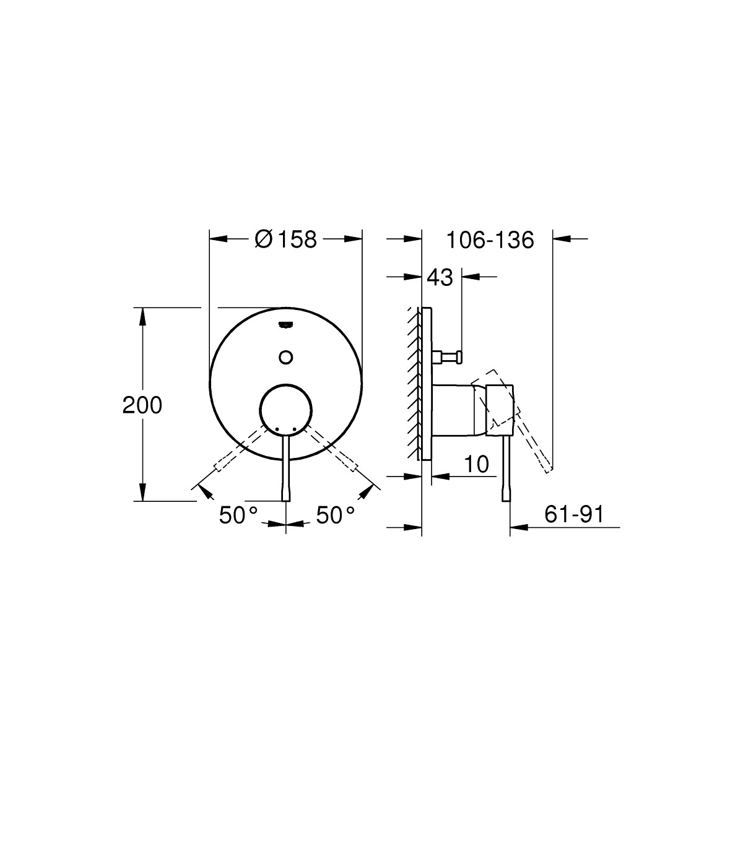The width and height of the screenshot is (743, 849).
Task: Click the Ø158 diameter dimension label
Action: (285, 239)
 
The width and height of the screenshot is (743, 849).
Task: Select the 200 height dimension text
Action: (142, 405)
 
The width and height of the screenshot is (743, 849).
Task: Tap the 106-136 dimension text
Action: (490, 240)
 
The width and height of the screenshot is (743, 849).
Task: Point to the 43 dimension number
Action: (440, 277)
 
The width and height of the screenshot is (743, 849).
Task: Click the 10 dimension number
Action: (477, 464)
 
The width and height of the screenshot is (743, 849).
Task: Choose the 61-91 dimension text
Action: (574, 515)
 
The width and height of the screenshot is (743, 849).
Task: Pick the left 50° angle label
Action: (238, 515)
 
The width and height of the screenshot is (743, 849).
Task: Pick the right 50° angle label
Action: (336, 515)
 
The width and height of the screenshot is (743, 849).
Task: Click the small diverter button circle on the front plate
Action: (286, 357)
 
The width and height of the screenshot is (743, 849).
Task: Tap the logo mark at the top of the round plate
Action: (286, 324)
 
